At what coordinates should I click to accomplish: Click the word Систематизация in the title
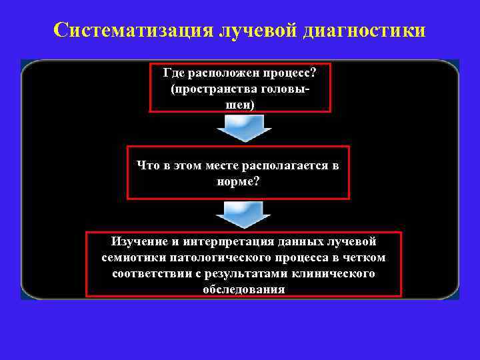pos(133,30)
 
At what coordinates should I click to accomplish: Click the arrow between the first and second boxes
pos(240,128)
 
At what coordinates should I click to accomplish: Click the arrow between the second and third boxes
pos(240,215)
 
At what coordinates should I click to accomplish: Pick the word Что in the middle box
pos(149,165)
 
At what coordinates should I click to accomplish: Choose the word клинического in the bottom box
pos(333,273)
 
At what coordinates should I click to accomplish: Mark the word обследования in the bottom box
pos(243,289)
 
